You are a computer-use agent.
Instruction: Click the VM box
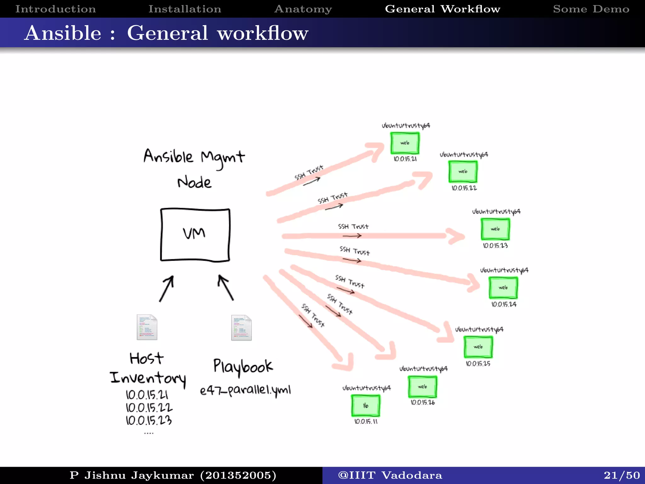coord(195,234)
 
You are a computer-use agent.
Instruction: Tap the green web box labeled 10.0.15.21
coord(405,143)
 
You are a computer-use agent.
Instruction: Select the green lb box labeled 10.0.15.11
coord(365,406)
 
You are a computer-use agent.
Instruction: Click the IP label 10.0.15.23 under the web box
coord(495,245)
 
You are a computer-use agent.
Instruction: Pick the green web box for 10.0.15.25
coord(478,347)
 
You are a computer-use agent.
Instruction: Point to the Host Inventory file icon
coord(147,327)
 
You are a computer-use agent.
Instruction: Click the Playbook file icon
coord(241,328)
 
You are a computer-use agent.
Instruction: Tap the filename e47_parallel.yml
coord(245,390)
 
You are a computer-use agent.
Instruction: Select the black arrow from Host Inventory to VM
coord(166,289)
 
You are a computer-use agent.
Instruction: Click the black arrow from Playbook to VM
coord(225,287)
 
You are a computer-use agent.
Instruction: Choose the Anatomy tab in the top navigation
coord(303,9)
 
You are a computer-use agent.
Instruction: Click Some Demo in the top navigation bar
coord(591,9)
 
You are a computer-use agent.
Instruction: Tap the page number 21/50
coord(621,475)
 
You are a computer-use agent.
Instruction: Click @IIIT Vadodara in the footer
coord(390,475)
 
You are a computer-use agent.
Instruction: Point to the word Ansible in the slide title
coord(63,33)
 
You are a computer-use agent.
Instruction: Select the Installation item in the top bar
coord(185,9)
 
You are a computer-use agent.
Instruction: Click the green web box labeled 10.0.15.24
coord(503,288)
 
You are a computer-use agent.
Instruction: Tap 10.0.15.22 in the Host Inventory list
coord(149,407)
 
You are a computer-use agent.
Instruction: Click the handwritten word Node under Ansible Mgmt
coord(194,183)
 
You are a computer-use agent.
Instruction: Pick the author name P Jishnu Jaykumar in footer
coord(132,475)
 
